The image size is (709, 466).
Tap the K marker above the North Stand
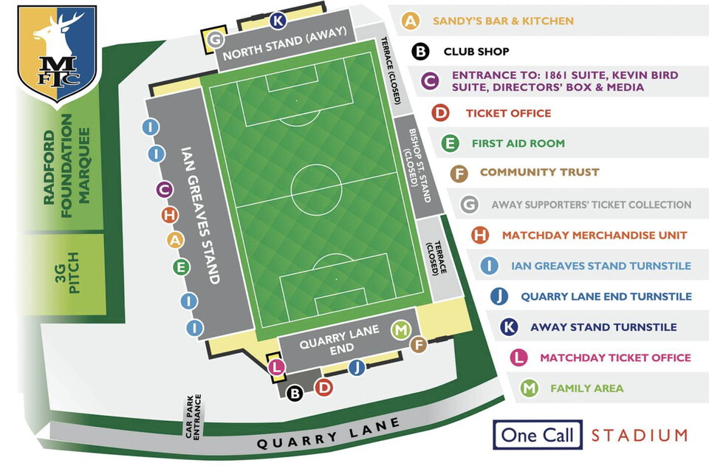click(278, 20)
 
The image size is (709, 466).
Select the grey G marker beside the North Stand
click(215, 39)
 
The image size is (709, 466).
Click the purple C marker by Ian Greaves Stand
click(165, 190)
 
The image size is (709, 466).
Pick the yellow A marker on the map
click(175, 240)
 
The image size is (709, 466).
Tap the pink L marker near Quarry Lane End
click(275, 367)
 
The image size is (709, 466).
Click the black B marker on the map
click(295, 394)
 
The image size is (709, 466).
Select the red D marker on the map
click(323, 386)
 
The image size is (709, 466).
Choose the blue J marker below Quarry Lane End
click(357, 367)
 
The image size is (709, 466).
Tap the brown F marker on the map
click(419, 344)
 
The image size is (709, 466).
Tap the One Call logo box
click(537, 435)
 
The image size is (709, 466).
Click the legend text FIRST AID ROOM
click(518, 143)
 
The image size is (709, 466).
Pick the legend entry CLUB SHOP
click(486, 52)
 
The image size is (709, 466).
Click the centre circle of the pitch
click(316, 191)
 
